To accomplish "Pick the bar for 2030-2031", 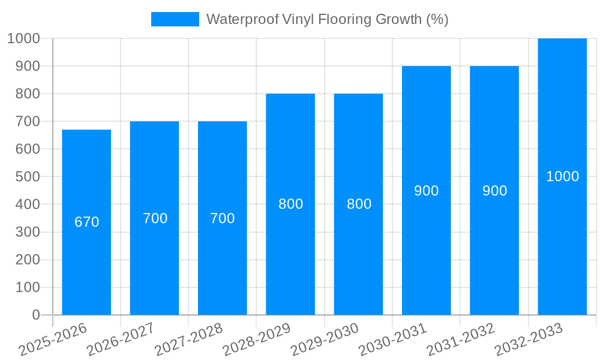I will [x=426, y=252].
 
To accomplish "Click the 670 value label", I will [x=86, y=222].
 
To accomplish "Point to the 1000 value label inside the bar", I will [x=562, y=176].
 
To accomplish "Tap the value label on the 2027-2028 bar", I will [x=223, y=218].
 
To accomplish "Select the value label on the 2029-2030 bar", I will [x=359, y=204].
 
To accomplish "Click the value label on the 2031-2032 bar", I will [x=494, y=191].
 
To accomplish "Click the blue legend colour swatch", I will [x=175, y=19].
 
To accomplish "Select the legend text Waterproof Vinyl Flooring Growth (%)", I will [x=328, y=19].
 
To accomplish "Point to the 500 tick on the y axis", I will [x=23, y=177].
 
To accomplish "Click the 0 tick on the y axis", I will [x=36, y=315].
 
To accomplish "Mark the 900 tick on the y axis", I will [x=23, y=66].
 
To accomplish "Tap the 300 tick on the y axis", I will [x=23, y=232].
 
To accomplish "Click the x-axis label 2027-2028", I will [x=189, y=340].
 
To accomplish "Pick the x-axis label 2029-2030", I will [x=325, y=340].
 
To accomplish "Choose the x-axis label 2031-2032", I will [x=461, y=340].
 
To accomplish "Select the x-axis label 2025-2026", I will [x=53, y=340].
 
